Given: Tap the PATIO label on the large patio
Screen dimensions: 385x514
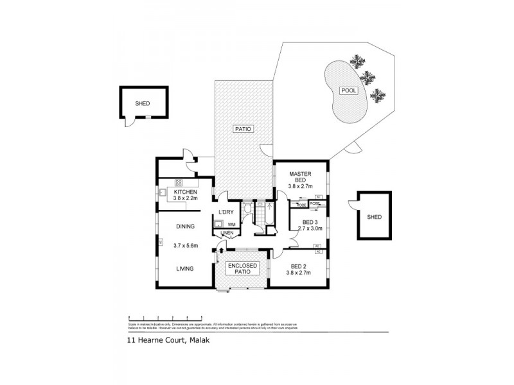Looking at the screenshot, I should click(243, 129).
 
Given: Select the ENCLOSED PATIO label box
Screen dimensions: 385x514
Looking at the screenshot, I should click(243, 268).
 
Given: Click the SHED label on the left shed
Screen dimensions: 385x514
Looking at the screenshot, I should click(142, 103).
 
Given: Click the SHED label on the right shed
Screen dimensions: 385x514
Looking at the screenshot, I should click(375, 217).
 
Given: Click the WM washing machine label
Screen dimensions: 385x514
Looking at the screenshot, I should click(231, 224).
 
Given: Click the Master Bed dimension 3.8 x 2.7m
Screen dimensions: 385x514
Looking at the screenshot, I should click(300, 186).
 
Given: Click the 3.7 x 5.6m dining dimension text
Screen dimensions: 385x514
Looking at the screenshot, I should click(186, 245).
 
